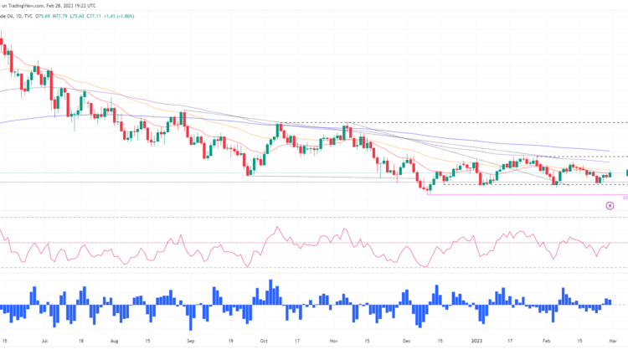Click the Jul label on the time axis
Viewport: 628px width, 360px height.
[x=44, y=342]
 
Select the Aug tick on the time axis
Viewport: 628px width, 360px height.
[x=115, y=342]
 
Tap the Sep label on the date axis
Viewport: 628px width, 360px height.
[x=190, y=342]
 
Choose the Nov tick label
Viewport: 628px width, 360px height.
[x=333, y=342]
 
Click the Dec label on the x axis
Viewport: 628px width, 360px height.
[x=406, y=342]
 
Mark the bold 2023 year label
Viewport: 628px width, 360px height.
[x=477, y=342]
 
